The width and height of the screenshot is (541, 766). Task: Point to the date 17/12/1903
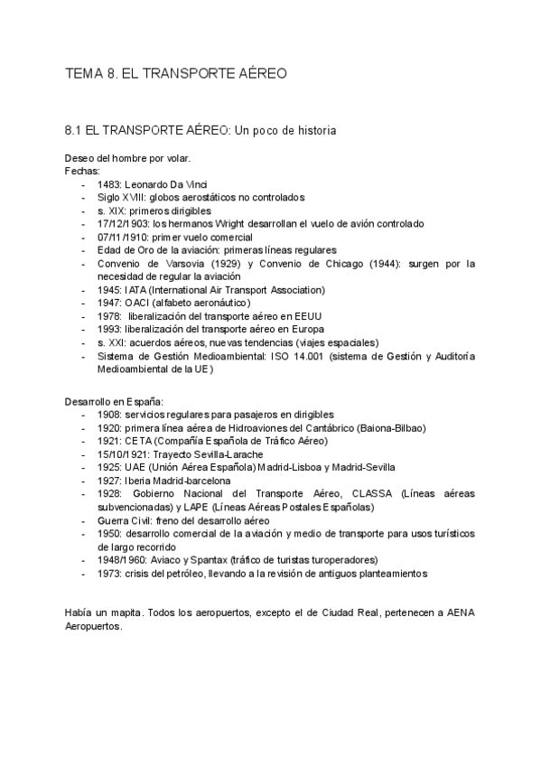tap(123, 223)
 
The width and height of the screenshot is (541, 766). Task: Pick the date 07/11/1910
tap(123, 237)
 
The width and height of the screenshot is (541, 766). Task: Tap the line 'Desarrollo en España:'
tap(114, 400)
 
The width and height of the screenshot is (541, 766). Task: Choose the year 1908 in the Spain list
tap(109, 414)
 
